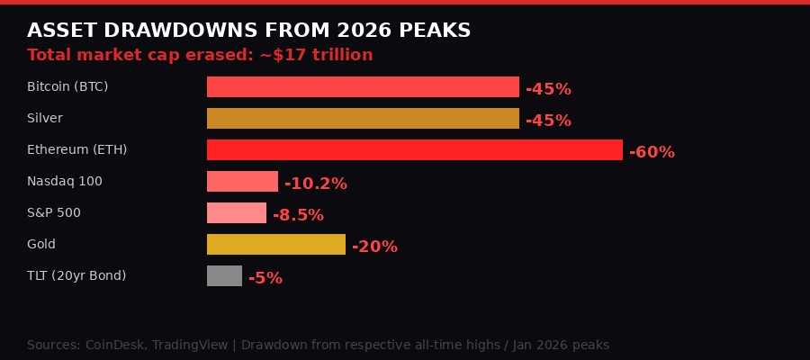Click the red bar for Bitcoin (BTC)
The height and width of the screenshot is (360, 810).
click(363, 87)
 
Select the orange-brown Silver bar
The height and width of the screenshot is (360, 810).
click(363, 119)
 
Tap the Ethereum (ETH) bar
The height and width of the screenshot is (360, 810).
click(414, 150)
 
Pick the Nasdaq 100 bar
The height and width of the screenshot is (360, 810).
click(242, 182)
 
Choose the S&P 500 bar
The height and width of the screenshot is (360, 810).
click(237, 213)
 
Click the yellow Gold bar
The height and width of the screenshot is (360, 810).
click(276, 245)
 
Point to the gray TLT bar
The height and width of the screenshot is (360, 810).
click(224, 276)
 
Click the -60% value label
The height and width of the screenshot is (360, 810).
click(652, 152)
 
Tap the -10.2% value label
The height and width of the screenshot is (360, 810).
click(315, 184)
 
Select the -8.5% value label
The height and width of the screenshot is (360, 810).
click(298, 215)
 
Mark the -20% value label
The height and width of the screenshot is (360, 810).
click(374, 247)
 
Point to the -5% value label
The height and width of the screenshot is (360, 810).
click(265, 278)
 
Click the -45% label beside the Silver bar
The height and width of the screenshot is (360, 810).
click(548, 121)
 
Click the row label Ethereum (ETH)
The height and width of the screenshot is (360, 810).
click(76, 149)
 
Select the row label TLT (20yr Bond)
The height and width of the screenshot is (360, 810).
click(76, 275)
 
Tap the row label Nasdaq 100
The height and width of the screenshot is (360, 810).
click(65, 181)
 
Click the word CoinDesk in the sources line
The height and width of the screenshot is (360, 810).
click(114, 345)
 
